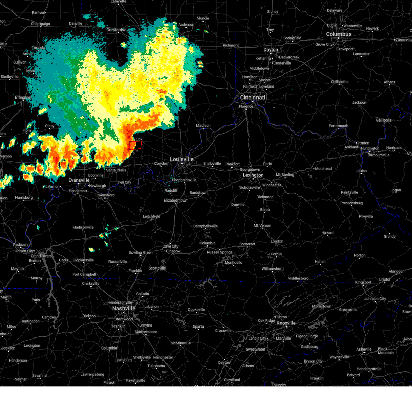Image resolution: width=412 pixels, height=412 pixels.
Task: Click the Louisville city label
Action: coord(182,159)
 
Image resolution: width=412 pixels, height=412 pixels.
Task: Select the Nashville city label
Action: coord(124,308)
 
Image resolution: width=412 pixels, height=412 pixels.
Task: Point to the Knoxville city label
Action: coord(286,323)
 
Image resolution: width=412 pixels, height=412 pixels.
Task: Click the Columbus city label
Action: coord(339,34)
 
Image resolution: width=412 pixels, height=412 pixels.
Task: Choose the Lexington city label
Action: coord(253,175)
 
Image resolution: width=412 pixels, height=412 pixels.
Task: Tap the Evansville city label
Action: coord(79,180)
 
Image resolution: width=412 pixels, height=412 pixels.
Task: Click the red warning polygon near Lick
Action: coord(135,145)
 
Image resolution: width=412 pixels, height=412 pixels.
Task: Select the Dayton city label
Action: coord(271,50)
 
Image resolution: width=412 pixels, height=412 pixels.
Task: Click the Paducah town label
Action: coord(21,245)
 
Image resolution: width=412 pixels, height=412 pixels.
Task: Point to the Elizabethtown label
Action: coord(175,201)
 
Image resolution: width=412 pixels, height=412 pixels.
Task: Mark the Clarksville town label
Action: coord(91,284)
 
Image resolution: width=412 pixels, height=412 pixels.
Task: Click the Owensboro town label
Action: coord(105,195)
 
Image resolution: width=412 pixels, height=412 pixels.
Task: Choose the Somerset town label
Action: coord(247,244)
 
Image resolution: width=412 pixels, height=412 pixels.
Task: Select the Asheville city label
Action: coord(364,349)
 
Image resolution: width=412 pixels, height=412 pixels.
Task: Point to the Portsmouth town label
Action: coord(338,126)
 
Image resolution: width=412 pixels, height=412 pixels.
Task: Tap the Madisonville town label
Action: coord(83,227)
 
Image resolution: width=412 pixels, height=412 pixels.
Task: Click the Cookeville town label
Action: coord(196,310)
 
